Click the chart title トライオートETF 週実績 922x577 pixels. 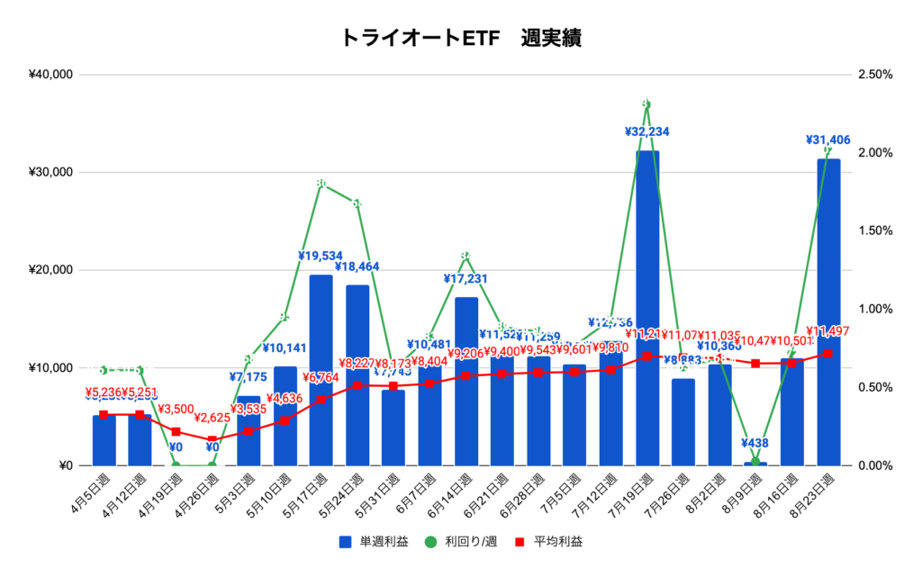[460, 38]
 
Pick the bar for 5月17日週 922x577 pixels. [321, 370]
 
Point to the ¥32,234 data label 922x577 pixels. [647, 131]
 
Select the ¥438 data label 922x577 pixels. [755, 443]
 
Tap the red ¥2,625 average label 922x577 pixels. [212, 418]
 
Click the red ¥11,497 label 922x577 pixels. [828, 331]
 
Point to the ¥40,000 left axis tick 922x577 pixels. [51, 75]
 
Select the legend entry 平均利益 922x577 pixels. [556, 542]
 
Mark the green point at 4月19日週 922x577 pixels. [176, 465]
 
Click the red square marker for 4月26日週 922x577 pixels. [212, 440]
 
